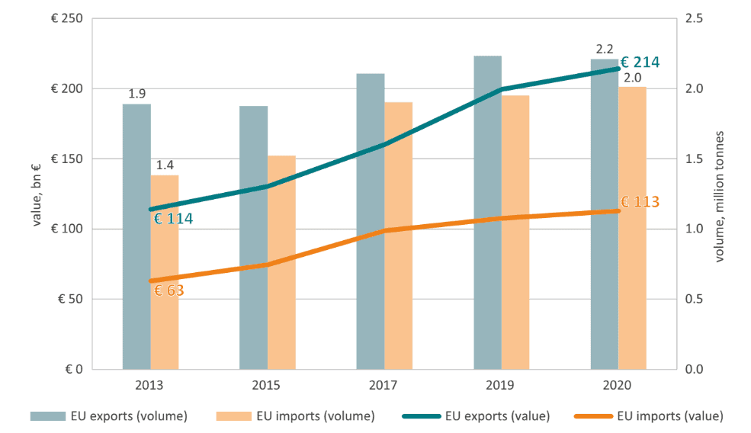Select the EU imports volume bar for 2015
tap(281, 262)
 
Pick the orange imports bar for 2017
tap(398, 236)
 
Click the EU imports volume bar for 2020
tap(632, 228)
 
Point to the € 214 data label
tap(639, 63)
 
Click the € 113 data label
tap(639, 202)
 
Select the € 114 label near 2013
tap(173, 219)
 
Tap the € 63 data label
tap(169, 290)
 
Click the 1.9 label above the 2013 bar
tap(137, 95)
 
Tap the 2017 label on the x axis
tap(384, 385)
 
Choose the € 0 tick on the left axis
tap(74, 369)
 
